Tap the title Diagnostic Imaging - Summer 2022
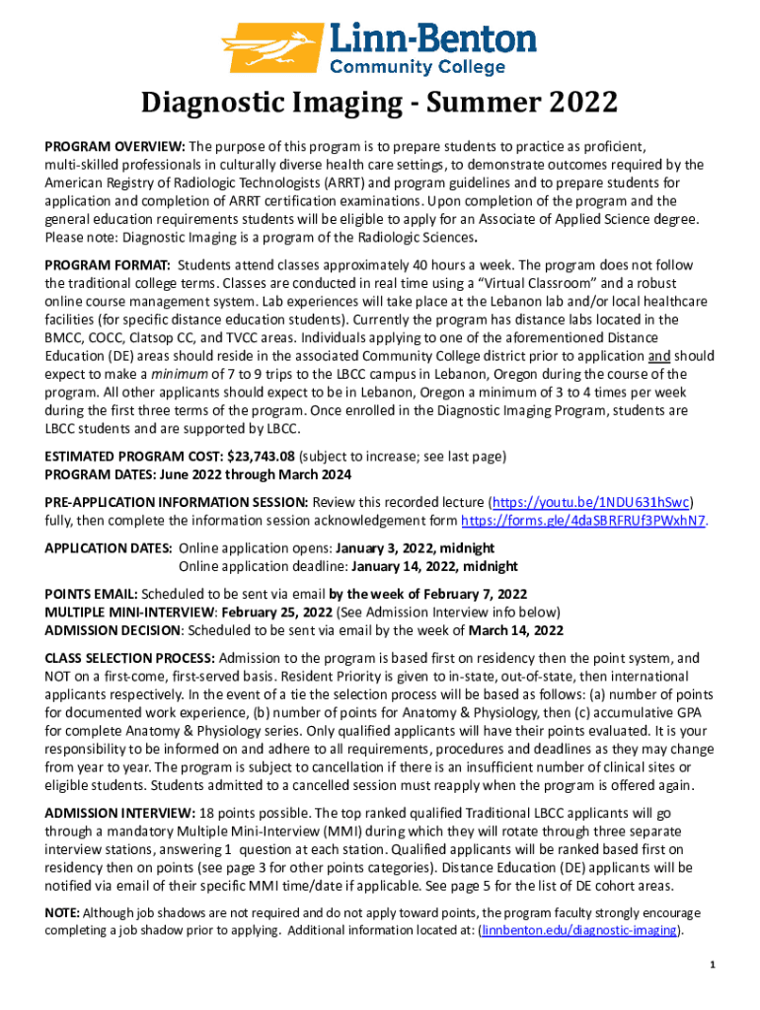point(379,103)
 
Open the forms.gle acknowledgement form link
point(583,521)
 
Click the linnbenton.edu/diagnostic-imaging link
point(579,930)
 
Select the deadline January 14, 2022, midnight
point(434,566)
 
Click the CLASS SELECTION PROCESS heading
point(129,658)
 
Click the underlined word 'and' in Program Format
point(658,356)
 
